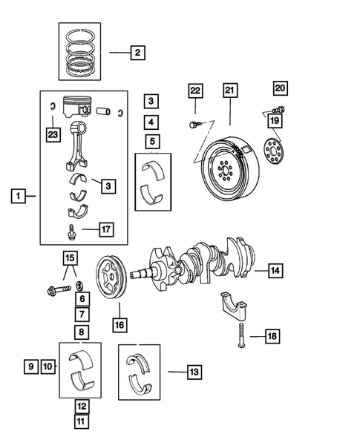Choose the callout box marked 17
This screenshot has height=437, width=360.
tap(108, 230)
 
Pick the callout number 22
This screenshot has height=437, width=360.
tap(194, 91)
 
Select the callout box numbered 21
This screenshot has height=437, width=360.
tap(229, 91)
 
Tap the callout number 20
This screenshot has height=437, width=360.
tap(279, 88)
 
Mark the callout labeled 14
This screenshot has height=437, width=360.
tap(275, 271)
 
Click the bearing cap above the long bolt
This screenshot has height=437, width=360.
tap(235, 307)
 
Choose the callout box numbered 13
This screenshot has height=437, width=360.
tap(194, 370)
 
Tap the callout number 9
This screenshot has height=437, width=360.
tap(30, 366)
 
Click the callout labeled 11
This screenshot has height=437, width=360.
tap(82, 421)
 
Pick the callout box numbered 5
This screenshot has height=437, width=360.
tap(151, 141)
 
